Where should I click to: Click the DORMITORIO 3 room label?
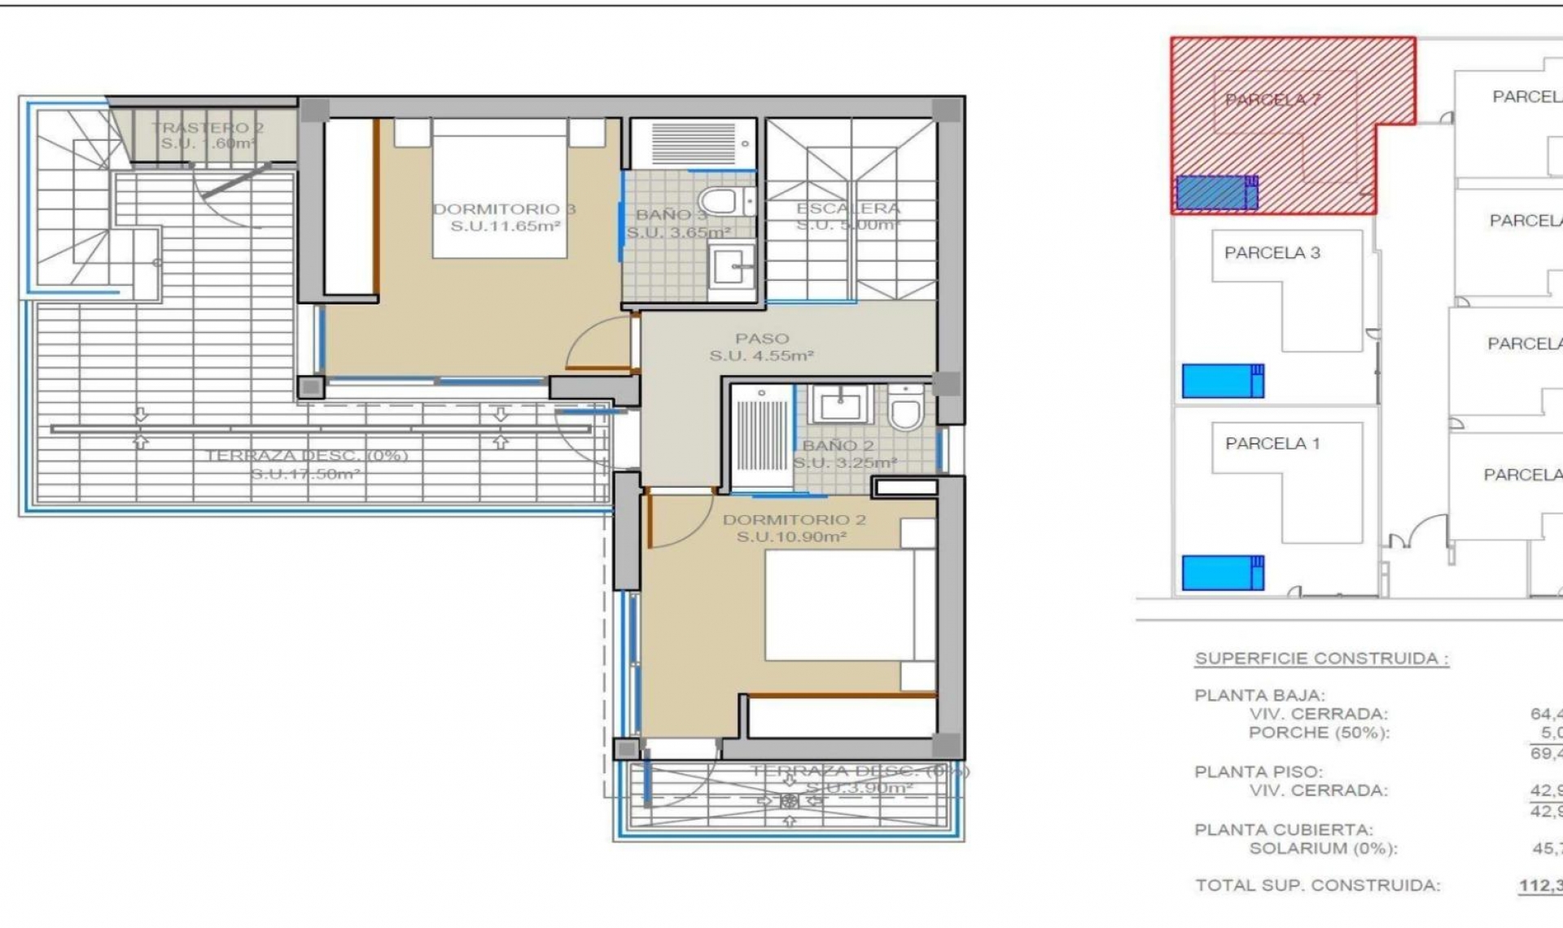[x=503, y=209]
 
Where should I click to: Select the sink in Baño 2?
[x=841, y=404]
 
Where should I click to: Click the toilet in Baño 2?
[x=904, y=409]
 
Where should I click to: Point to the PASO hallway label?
[x=762, y=339]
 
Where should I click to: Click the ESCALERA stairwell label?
[x=848, y=208]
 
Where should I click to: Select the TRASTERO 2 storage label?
[x=208, y=128]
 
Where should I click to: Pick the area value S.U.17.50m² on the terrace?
[x=305, y=474]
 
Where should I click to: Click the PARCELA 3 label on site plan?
[x=1272, y=253]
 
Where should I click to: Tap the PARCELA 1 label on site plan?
[x=1272, y=444]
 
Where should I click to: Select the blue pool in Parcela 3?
[x=1222, y=381]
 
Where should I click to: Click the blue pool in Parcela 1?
[x=1222, y=572]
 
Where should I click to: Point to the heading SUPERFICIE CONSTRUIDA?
[x=1321, y=659]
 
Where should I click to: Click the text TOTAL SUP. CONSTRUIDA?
[x=1317, y=885]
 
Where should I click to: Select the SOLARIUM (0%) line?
[x=1323, y=848]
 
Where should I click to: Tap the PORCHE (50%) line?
[x=1319, y=733]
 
